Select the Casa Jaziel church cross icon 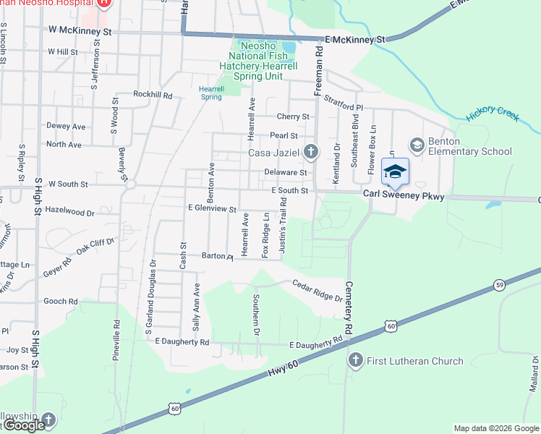pyautogui.click(x=310, y=152)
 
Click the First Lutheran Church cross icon pyautogui.click(x=355, y=360)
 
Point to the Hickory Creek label pyautogui.click(x=493, y=114)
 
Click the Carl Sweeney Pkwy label pyautogui.click(x=404, y=196)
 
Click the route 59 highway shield pyautogui.click(x=499, y=285)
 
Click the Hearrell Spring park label pyautogui.click(x=210, y=93)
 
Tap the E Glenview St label pyautogui.click(x=213, y=209)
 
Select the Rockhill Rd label pyautogui.click(x=153, y=95)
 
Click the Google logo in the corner pyautogui.click(x=24, y=425)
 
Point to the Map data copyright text pyautogui.click(x=496, y=428)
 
